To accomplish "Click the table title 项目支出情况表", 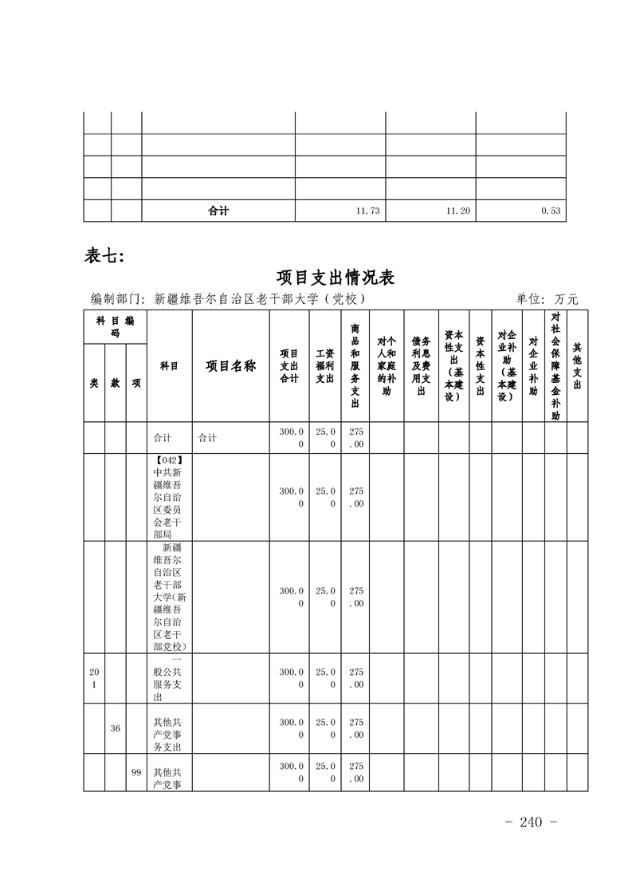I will tap(336, 278).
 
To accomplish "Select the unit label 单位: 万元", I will tap(546, 299).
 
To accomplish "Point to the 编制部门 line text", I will tap(228, 299).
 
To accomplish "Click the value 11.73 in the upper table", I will tap(367, 211).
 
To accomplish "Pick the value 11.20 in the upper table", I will tap(457, 211).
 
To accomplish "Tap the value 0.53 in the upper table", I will tap(551, 211).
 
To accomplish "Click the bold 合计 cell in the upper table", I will tap(218, 211).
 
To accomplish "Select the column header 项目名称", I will tap(231, 366).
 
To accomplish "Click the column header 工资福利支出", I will tap(324, 366).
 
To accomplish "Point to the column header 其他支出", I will tap(576, 366).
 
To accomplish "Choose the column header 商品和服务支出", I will tap(355, 366).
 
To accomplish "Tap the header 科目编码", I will tap(115, 326).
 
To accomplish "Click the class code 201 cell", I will tap(94, 679).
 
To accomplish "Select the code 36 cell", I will tap(116, 727).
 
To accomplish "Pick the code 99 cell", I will tap(136, 772).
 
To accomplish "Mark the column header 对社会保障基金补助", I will tap(555, 366).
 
